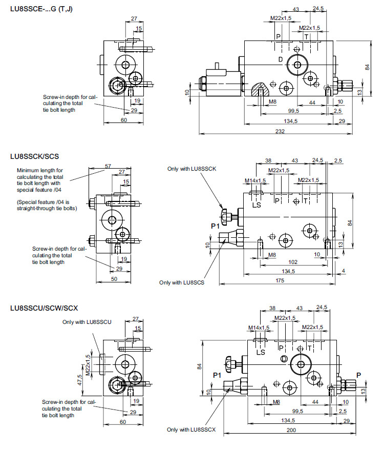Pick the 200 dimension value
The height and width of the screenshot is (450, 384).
(291, 431)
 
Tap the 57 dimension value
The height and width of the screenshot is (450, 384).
(108, 166)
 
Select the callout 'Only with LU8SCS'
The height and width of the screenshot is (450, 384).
(182, 282)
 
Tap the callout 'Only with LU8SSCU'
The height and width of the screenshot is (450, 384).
(87, 322)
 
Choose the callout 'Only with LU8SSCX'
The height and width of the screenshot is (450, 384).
(195, 429)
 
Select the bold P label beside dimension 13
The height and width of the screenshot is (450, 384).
(358, 375)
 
